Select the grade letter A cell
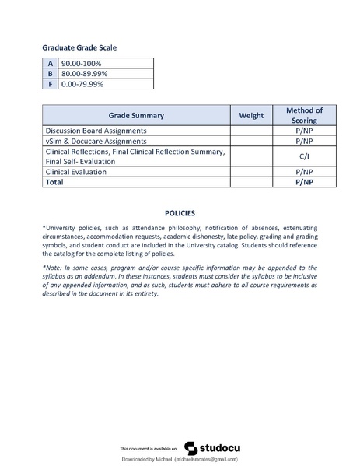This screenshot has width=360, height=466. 50,63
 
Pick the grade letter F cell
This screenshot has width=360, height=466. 50,83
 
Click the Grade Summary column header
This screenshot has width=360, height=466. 136,115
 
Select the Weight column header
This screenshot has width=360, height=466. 251,115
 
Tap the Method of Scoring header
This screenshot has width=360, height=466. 304,115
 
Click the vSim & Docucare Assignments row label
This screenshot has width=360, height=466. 96,142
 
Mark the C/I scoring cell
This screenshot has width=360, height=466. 304,156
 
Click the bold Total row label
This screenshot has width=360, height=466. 54,181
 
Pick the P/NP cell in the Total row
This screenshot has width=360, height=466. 304,181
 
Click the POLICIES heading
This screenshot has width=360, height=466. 180,212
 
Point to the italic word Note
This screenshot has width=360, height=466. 54,268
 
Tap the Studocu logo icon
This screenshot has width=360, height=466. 190,448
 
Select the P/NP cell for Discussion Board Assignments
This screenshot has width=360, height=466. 304,131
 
